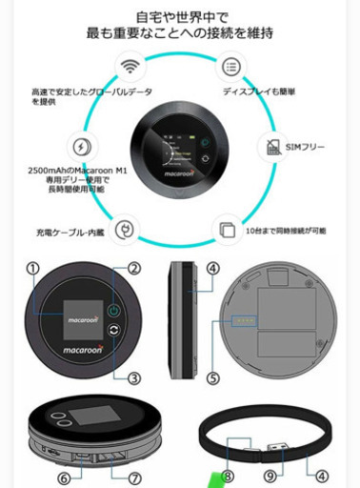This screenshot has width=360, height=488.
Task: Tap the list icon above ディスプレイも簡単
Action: click(230, 67)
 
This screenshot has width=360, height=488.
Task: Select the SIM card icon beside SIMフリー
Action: click(270, 147)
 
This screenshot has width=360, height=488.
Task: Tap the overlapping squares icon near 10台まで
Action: click(227, 230)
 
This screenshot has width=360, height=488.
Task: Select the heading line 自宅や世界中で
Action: click(179, 16)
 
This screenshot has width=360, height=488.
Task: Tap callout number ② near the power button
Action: click(134, 269)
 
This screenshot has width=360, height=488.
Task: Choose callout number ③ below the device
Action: click(134, 377)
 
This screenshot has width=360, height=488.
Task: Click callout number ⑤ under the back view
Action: click(212, 377)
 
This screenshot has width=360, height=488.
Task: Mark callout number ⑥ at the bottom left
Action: click(64, 477)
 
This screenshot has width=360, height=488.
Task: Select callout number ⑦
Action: click(134, 477)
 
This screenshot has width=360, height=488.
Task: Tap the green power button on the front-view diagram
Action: click(113, 311)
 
